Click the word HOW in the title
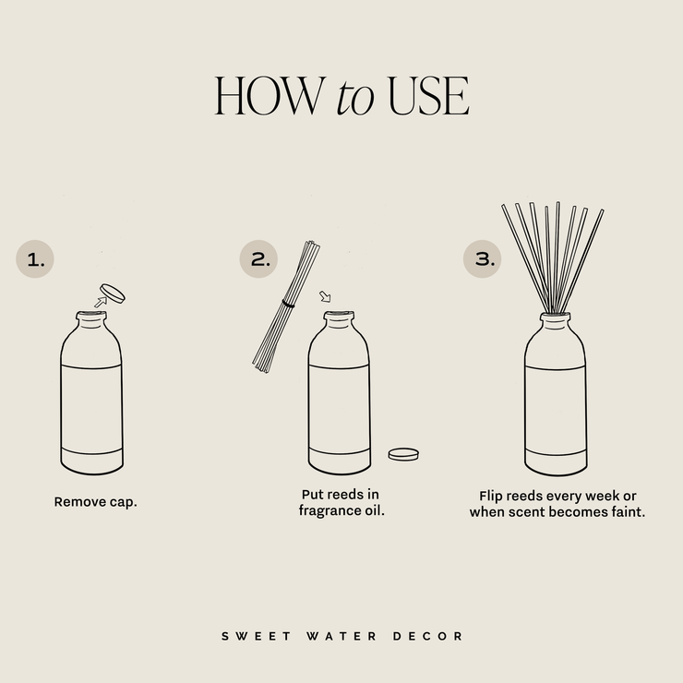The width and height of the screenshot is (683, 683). [270, 95]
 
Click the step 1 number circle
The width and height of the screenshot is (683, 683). [35, 259]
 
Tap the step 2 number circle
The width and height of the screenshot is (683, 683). [259, 259]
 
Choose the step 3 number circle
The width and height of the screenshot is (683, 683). [483, 259]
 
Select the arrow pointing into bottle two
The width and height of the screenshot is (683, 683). [324, 297]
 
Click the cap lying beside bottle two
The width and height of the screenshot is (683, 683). [403, 453]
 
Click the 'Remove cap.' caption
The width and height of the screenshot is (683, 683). [95, 503]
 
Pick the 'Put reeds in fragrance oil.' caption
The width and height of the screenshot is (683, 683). [341, 502]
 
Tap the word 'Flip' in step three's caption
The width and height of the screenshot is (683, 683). [494, 495]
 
